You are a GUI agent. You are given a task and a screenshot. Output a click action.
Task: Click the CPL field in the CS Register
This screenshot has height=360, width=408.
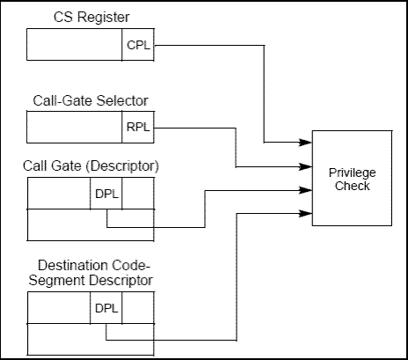coord(138,45)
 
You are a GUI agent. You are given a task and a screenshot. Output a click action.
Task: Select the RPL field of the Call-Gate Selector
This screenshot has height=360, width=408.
coord(138,127)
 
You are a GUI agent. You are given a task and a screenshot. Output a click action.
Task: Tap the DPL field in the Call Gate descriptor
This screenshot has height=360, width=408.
coord(106,194)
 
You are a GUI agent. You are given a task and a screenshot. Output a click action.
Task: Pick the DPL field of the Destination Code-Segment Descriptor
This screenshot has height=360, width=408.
coord(106,308)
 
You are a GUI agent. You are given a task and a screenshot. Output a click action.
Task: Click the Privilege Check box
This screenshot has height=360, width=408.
coord(352,178)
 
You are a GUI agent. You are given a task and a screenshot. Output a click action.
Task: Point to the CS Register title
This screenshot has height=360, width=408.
coord(91,17)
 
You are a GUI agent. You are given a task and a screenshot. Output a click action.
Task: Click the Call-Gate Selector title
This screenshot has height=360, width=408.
coord(91,100)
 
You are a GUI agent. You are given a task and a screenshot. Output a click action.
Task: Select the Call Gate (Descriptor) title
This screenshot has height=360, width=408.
coord(91,165)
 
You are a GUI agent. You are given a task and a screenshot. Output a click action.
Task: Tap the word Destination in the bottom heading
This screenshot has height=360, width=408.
coord(72,265)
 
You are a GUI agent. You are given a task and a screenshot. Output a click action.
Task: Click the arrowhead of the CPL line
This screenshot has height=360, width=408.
coord(305,143)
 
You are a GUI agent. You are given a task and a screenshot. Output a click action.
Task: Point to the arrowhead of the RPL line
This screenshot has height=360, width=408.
coord(305,166)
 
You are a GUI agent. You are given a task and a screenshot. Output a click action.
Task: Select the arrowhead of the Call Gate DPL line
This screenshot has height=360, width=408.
coord(305,190)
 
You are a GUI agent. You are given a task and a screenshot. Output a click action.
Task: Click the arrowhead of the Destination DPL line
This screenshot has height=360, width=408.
coord(305,213)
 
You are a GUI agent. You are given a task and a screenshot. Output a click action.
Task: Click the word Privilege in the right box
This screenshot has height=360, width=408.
coord(353,173)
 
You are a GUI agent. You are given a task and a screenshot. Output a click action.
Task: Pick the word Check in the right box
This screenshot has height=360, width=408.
coord(353,186)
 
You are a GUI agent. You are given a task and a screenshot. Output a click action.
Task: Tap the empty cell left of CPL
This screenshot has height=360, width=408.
coord(75,45)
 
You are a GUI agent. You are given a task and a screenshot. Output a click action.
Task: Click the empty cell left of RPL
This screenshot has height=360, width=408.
coord(75,127)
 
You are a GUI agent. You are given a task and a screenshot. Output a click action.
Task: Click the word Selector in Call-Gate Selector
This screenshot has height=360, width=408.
coord(122,100)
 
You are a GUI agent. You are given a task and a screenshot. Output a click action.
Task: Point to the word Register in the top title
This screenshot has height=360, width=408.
coord(104,18)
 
